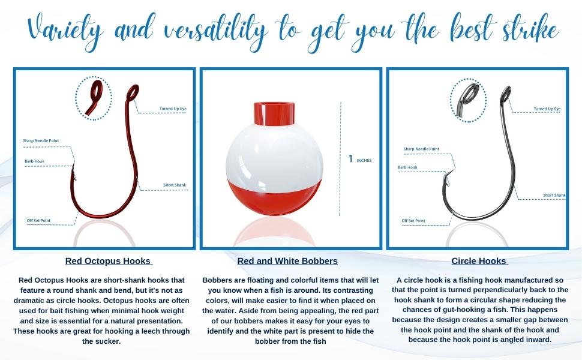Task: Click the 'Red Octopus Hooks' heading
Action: point(109,261)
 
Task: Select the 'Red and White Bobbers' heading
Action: point(287,261)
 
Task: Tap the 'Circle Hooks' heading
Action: point(479,261)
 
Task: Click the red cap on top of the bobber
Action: point(274,113)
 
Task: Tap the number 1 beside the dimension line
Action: point(351,159)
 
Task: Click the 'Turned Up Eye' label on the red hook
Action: point(173,109)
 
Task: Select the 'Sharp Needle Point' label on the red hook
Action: point(41,140)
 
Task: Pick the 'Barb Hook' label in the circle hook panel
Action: point(407,167)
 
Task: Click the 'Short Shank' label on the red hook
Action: point(175,185)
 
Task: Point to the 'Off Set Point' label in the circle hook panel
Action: point(413,220)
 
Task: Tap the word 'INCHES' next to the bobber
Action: point(364,161)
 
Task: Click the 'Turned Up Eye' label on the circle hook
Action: point(547,109)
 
